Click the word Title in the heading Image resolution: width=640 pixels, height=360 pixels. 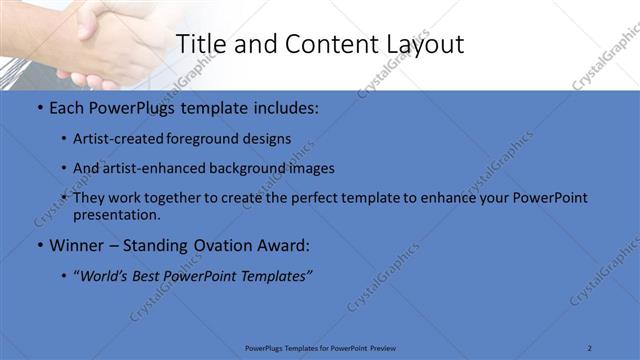click(x=199, y=44)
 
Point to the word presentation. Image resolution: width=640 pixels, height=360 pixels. click(x=116, y=214)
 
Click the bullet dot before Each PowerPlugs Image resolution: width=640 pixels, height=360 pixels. click(x=38, y=108)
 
